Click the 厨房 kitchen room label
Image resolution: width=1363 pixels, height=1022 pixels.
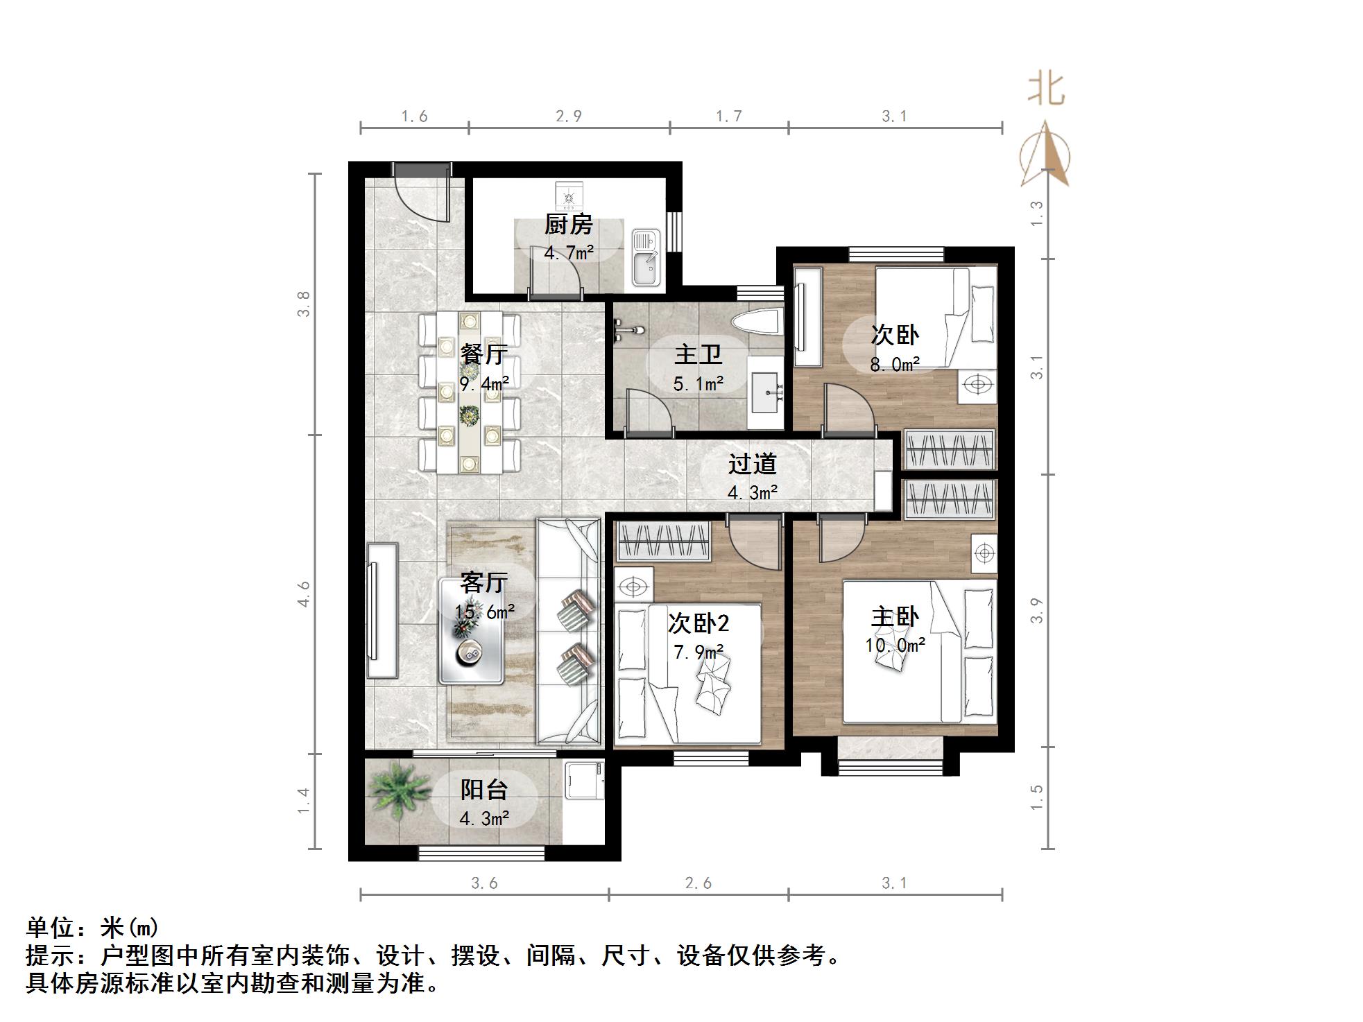point(568,225)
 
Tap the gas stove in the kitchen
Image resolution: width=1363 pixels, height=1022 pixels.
point(570,198)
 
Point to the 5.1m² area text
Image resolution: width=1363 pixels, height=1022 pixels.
point(698,383)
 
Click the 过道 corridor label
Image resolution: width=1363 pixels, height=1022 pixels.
point(752,464)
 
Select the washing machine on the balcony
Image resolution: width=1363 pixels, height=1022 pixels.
point(583,781)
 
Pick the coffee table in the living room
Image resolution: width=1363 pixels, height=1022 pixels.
point(472,631)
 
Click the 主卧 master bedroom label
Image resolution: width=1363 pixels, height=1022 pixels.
point(895,617)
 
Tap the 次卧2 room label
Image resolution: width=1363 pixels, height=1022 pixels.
point(698,623)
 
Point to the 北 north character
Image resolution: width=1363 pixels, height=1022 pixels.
point(1045,89)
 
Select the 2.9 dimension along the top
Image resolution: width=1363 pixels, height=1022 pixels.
point(568,116)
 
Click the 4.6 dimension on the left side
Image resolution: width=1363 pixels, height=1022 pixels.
point(303,594)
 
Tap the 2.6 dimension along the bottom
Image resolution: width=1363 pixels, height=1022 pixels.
point(698,883)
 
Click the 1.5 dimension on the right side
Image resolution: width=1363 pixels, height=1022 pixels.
point(1036,797)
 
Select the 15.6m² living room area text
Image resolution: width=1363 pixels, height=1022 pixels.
point(484,612)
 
